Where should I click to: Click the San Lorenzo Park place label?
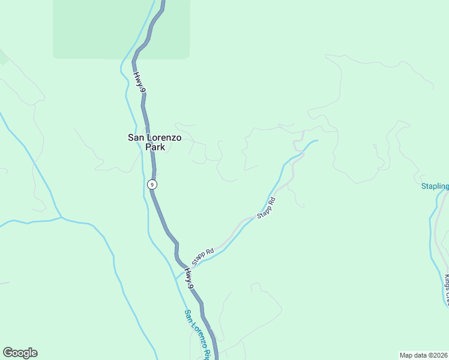155,142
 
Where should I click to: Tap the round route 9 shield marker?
152,184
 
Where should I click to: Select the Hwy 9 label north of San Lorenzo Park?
140,82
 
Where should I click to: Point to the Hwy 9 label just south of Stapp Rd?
190,278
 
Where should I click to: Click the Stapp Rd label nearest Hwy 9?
203,257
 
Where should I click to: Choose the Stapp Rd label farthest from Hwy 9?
266,208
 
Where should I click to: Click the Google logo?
20,353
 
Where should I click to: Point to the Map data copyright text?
423,355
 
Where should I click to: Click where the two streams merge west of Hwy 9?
61,217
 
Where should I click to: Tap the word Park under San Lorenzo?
155,147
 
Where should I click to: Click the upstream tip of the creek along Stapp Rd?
316,140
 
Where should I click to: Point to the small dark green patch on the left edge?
3,57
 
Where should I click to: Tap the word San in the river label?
187,314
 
